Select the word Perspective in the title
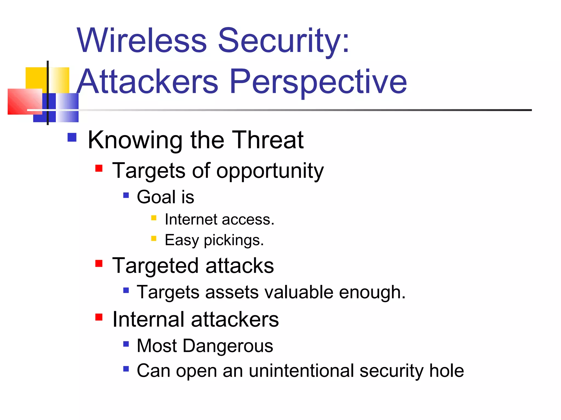click(318, 81)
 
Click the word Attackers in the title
click(147, 81)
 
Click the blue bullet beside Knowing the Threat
click(72, 137)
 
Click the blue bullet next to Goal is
click(126, 195)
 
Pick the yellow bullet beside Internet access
click(154, 218)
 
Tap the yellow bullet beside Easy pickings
click(154, 238)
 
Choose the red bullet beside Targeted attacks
click(99, 263)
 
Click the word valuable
click(299, 292)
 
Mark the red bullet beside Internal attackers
click(99, 317)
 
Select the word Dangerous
click(228, 346)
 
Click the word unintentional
click(301, 371)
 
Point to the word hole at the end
click(446, 371)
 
